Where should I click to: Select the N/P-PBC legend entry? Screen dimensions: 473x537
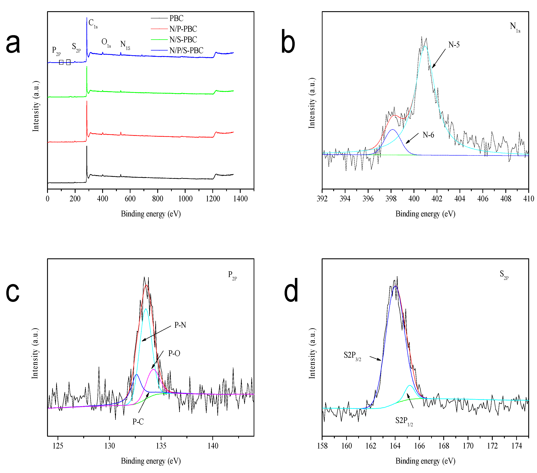(x=183, y=29)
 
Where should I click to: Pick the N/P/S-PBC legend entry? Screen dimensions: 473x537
(x=186, y=50)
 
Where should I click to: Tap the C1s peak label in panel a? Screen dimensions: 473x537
(x=93, y=23)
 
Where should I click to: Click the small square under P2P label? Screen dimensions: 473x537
(x=61, y=62)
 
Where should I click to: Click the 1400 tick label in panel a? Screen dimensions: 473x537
(x=240, y=199)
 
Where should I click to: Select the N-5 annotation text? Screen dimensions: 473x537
(x=454, y=45)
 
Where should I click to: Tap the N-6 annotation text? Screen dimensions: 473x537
(x=428, y=135)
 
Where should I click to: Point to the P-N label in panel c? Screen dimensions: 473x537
(x=180, y=325)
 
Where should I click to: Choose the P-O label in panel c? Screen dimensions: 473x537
(x=174, y=353)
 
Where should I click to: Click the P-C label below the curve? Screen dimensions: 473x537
(x=138, y=422)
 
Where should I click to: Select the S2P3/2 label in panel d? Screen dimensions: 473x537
(x=352, y=356)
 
